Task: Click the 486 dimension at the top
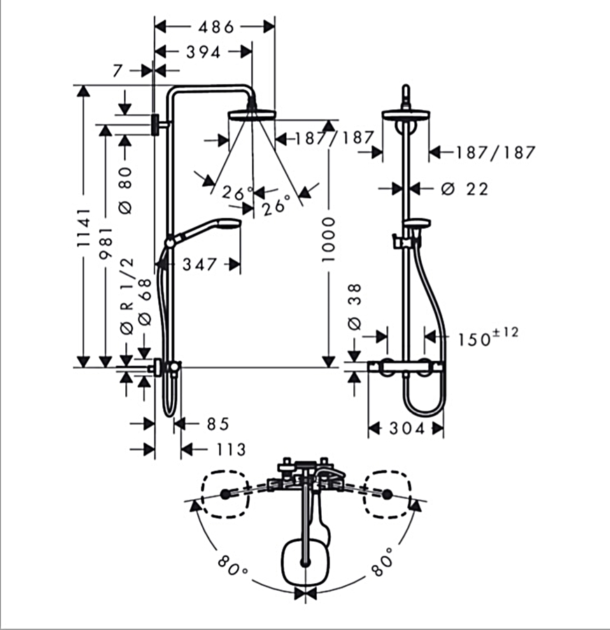(216, 27)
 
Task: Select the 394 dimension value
(204, 52)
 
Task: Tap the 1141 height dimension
(83, 227)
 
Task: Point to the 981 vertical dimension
(106, 243)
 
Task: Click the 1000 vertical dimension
(328, 239)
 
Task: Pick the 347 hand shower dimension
(199, 265)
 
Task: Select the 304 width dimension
(407, 428)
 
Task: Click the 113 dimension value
(231, 449)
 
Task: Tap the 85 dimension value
(218, 424)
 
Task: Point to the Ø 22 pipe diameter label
(464, 188)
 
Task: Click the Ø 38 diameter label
(355, 307)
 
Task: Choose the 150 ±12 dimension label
(488, 337)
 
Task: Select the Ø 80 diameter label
(126, 190)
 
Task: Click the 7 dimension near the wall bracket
(117, 71)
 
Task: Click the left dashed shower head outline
(225, 494)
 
